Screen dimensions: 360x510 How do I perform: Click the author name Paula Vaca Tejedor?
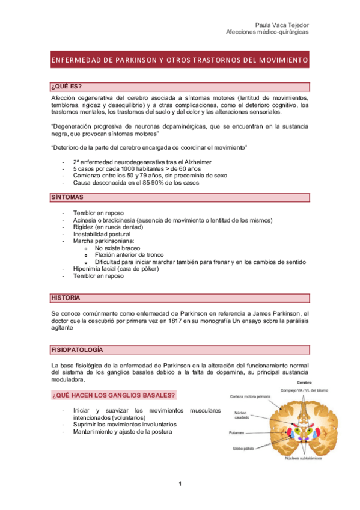click(282, 24)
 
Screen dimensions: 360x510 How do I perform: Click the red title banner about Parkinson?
click(180, 61)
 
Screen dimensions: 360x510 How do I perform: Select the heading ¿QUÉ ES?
click(67, 87)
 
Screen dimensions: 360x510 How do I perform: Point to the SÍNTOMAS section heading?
click(67, 197)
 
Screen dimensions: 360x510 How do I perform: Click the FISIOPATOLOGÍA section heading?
click(77, 349)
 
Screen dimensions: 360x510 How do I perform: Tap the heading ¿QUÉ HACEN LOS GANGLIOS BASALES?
click(114, 395)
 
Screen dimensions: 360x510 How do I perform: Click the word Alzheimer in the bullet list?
click(196, 162)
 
